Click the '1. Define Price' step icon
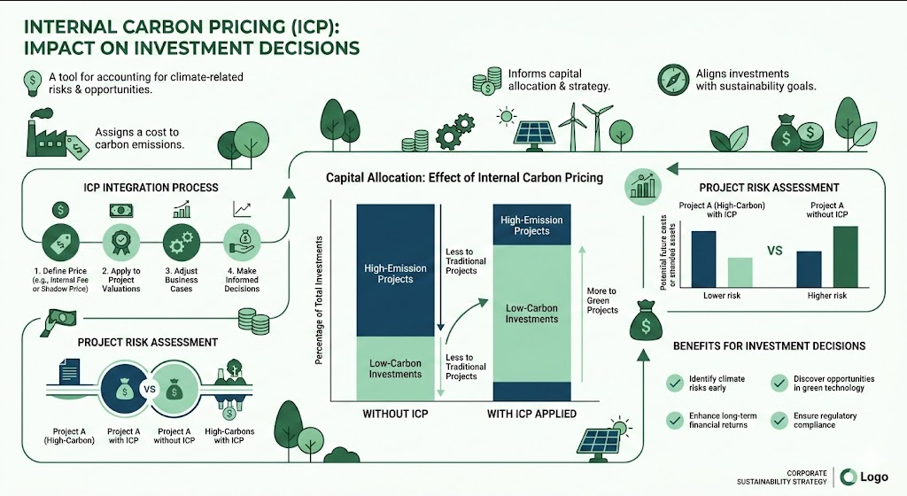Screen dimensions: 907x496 (61, 243)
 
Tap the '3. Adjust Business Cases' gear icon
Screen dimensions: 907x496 (182, 243)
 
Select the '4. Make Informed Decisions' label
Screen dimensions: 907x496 (242, 280)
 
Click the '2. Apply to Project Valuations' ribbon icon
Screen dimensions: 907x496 (120, 243)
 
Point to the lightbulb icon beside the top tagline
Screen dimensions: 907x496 (32, 83)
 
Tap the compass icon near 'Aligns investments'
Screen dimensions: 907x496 (674, 80)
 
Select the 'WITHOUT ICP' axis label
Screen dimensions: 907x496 (395, 414)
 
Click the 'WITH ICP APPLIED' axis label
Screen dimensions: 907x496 (531, 414)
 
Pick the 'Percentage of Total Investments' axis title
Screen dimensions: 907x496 (319, 300)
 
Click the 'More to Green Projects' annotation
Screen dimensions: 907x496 (602, 300)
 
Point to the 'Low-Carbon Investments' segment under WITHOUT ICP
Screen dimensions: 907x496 (396, 368)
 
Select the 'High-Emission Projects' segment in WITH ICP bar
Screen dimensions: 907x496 (531, 225)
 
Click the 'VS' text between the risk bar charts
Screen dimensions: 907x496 (774, 251)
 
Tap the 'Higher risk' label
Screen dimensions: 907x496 (827, 296)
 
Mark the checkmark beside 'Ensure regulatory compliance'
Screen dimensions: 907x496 (779, 420)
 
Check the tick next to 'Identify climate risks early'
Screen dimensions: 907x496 (674, 384)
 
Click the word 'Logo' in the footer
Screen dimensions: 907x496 (874, 477)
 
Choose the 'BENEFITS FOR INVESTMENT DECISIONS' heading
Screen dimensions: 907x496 (770, 346)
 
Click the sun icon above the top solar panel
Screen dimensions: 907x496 (507, 116)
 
